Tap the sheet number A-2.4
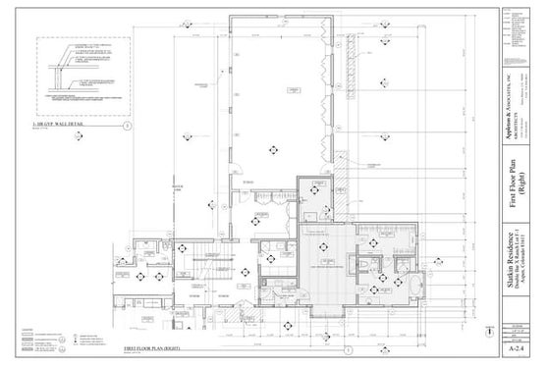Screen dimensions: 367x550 pyautogui.click(x=515, y=347)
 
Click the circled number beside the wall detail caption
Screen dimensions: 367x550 pyautogui.click(x=127, y=126)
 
